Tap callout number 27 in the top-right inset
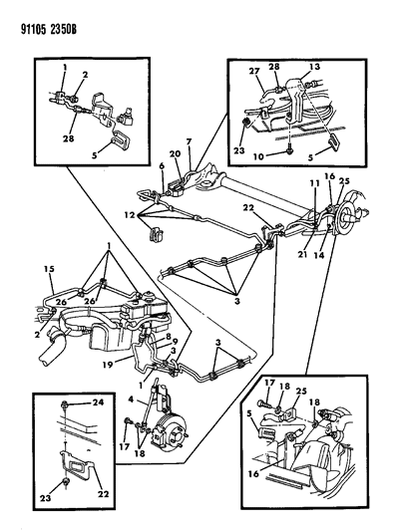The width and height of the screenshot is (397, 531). tap(254, 71)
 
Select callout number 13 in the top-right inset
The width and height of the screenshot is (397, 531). tap(314, 67)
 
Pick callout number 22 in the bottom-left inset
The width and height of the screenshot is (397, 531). tap(103, 494)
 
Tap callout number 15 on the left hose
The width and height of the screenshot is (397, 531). tap(49, 269)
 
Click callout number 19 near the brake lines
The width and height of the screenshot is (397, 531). tap(109, 365)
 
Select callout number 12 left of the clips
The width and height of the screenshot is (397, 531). tap(130, 215)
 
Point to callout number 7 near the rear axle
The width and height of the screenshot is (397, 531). tap(190, 140)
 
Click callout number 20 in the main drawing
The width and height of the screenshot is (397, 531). tap(176, 153)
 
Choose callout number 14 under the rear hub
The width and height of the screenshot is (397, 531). tap(318, 255)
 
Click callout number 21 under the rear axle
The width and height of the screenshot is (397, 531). tap(302, 253)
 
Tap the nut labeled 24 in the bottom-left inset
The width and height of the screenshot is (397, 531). tap(64, 404)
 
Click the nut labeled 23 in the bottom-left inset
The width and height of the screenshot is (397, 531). tap(67, 482)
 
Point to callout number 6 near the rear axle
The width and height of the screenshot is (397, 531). tap(162, 166)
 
